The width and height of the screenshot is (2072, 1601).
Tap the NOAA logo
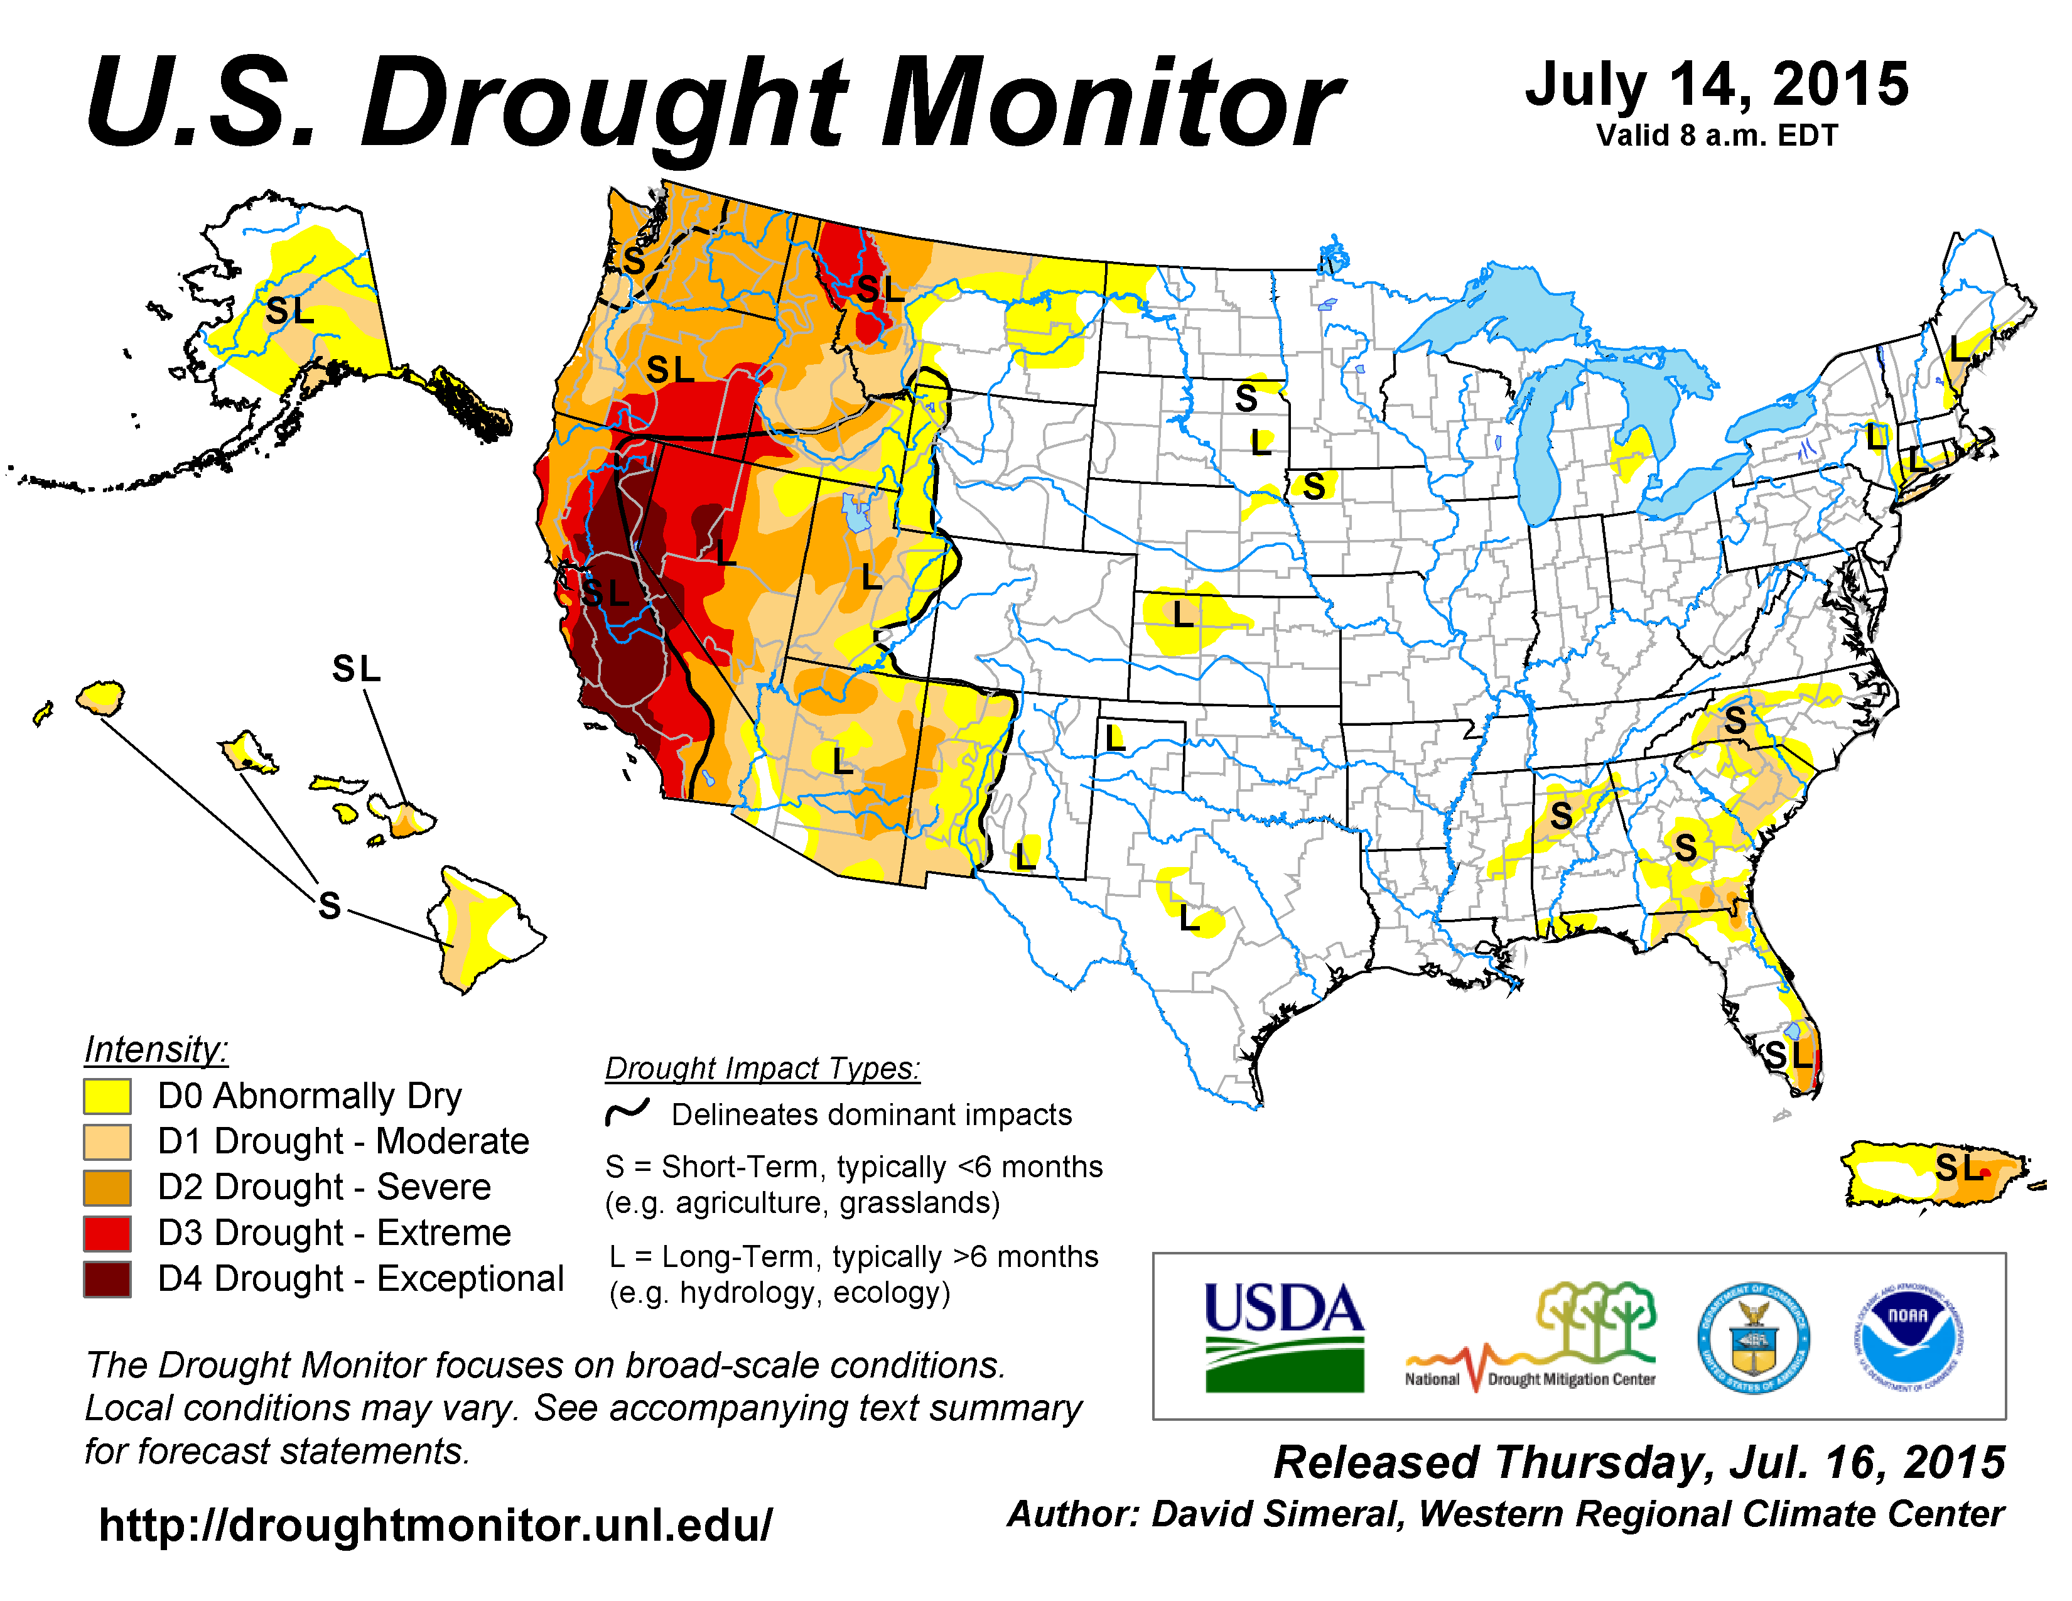click(1908, 1337)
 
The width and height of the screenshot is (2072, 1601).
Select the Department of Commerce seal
click(1753, 1337)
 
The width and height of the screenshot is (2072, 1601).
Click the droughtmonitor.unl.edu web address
click(436, 1525)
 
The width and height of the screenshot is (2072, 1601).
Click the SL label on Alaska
click(289, 310)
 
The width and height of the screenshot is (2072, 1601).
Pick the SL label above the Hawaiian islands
click(356, 669)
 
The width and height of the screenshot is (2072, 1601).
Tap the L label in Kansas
click(1182, 615)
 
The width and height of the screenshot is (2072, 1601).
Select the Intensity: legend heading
click(156, 1050)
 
